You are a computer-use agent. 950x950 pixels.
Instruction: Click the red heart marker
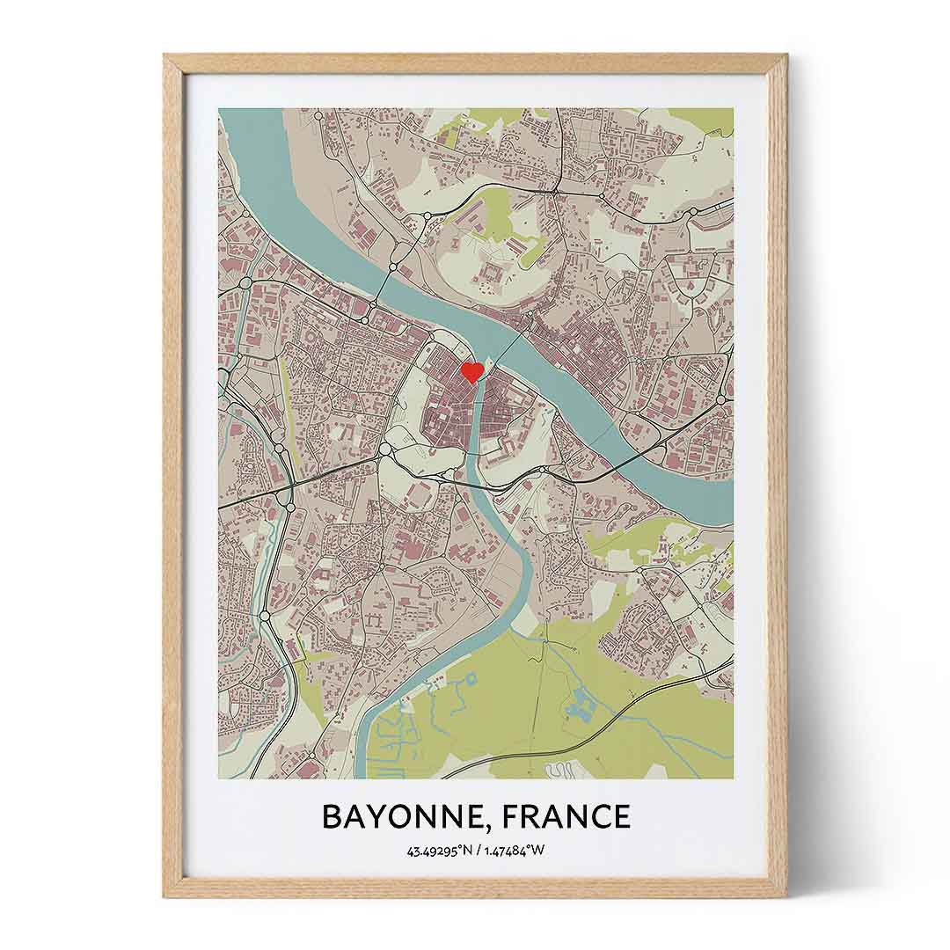pos(472,371)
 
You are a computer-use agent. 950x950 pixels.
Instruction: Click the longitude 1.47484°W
pos(514,851)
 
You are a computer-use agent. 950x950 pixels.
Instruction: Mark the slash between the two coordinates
pos(479,851)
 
